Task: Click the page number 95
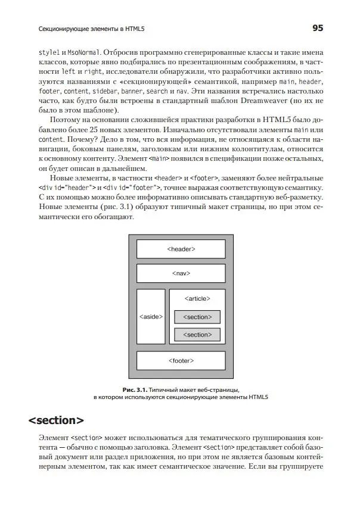click(x=316, y=28)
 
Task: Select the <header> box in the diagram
click(x=181, y=249)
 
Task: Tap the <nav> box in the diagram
click(x=181, y=273)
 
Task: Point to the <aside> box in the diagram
click(x=150, y=316)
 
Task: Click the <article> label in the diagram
click(x=197, y=298)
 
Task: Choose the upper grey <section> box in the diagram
click(x=197, y=317)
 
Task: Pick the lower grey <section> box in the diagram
click(x=197, y=335)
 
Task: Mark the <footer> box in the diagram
click(x=181, y=361)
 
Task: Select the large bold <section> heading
click(x=56, y=420)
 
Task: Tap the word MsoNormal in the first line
click(x=84, y=51)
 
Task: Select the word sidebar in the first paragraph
click(x=104, y=92)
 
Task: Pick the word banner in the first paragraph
click(x=131, y=92)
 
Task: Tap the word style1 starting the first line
click(x=48, y=51)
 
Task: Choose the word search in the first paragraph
click(x=157, y=92)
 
